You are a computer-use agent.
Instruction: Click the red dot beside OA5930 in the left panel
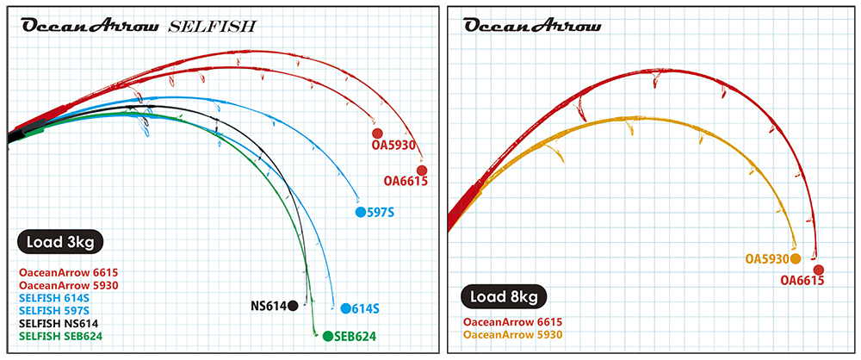click(377, 133)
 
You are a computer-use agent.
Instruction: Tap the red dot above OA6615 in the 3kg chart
click(422, 170)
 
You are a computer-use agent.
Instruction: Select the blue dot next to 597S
click(360, 212)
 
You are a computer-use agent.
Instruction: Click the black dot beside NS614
click(294, 305)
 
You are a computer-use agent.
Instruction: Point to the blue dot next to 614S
click(344, 308)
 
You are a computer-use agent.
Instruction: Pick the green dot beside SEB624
click(327, 336)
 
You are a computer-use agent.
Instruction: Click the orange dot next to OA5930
click(796, 258)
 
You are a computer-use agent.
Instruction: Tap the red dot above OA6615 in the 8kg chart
click(818, 270)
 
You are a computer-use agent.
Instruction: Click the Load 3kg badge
click(59, 241)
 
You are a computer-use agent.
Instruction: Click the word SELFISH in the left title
click(212, 26)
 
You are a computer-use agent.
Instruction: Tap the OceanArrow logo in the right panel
click(532, 25)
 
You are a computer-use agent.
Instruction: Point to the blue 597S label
click(380, 212)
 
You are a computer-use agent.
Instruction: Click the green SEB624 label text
click(355, 337)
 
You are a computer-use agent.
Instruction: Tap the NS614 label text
click(268, 306)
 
